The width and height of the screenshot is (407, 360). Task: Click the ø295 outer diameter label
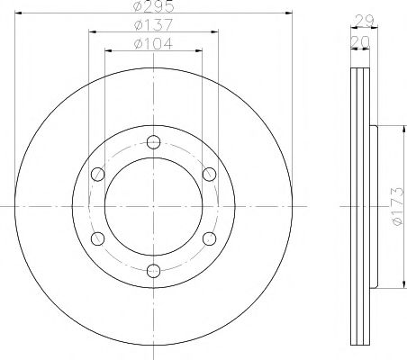[154, 7]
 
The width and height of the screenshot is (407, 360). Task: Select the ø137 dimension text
[154, 25]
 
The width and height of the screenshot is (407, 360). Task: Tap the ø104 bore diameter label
[154, 42]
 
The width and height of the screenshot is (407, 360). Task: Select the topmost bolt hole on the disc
[153, 140]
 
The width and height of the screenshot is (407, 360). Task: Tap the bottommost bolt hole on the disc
[153, 270]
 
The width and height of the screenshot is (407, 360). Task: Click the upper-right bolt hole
[209, 173]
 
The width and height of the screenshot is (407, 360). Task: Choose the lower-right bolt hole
[209, 238]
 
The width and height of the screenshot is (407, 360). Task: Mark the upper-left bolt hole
[97, 173]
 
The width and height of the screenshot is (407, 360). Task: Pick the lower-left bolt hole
[97, 238]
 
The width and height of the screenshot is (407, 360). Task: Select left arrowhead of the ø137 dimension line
[92, 32]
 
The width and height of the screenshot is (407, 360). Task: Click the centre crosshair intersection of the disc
[153, 205]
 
